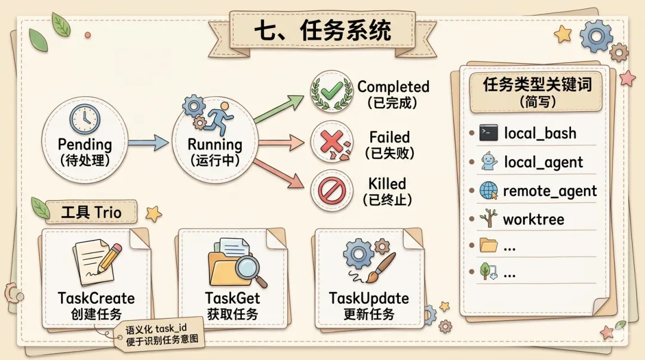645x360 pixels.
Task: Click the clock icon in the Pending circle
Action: pos(84,119)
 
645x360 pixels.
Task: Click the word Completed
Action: pos(393,87)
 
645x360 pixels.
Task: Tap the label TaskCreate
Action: pos(96,298)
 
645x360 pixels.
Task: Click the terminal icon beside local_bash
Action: pos(488,133)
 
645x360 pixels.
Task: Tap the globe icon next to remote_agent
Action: pos(488,190)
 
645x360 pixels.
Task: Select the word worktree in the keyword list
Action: pos(533,219)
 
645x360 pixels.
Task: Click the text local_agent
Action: pos(543,162)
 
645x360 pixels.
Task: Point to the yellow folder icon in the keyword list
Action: pos(488,245)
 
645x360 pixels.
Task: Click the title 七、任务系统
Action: pos(322,30)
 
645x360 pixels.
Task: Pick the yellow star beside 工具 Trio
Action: pos(153,213)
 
